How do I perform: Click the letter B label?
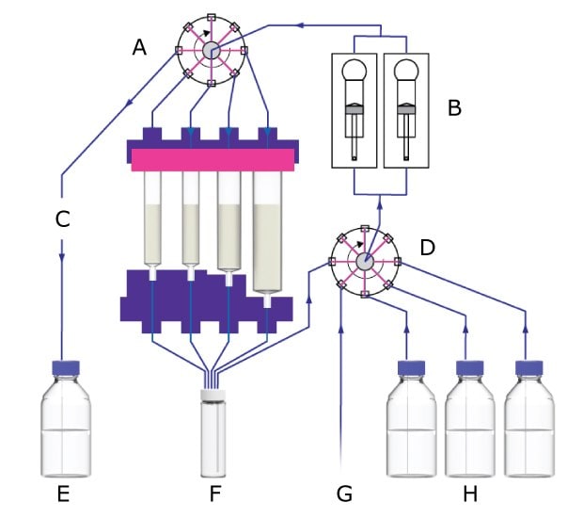pos(454,107)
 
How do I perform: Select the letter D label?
pos(427,248)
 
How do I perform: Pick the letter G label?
pos(345,493)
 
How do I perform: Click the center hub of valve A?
pos(212,50)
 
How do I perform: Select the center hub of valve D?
pos(365,261)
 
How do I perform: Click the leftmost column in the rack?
pos(153,221)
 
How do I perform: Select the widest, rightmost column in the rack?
pos(269,235)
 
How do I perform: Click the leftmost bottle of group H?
pos(409,424)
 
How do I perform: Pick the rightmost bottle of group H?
pos(527,424)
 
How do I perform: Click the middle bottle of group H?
pos(467,424)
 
